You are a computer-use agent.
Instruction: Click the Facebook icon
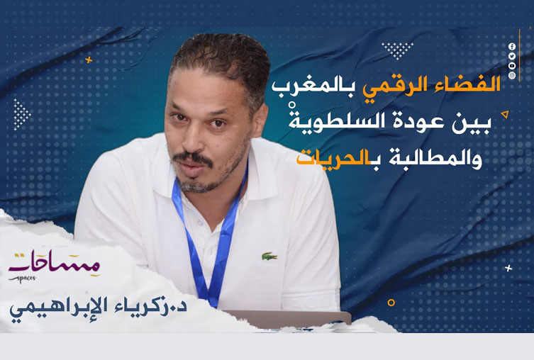click(x=512, y=46)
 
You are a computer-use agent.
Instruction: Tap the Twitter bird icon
click(x=512, y=55)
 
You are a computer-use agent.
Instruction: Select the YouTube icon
click(x=512, y=64)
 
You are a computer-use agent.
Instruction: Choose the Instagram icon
click(x=512, y=74)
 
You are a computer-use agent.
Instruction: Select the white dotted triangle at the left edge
click(x=21, y=114)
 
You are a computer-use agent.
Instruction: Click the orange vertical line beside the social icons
click(x=521, y=60)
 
